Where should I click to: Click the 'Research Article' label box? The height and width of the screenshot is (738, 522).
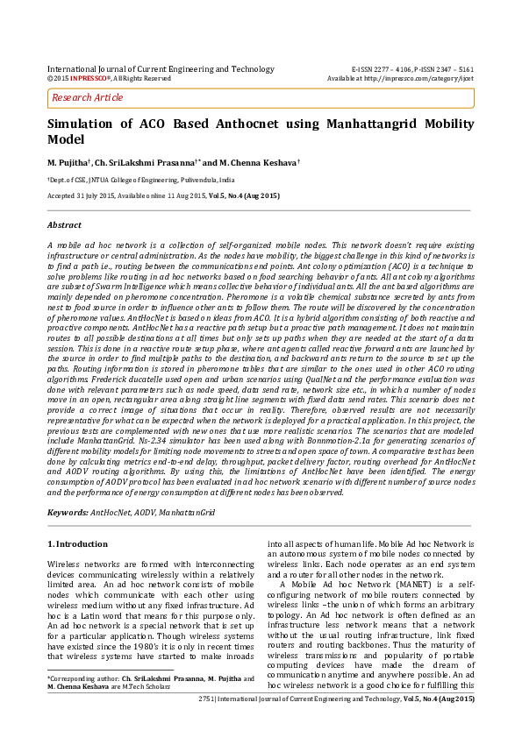tap(87, 98)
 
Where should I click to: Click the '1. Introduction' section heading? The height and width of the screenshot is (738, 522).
tap(76, 545)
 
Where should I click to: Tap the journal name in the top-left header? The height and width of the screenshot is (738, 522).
tap(161, 68)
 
